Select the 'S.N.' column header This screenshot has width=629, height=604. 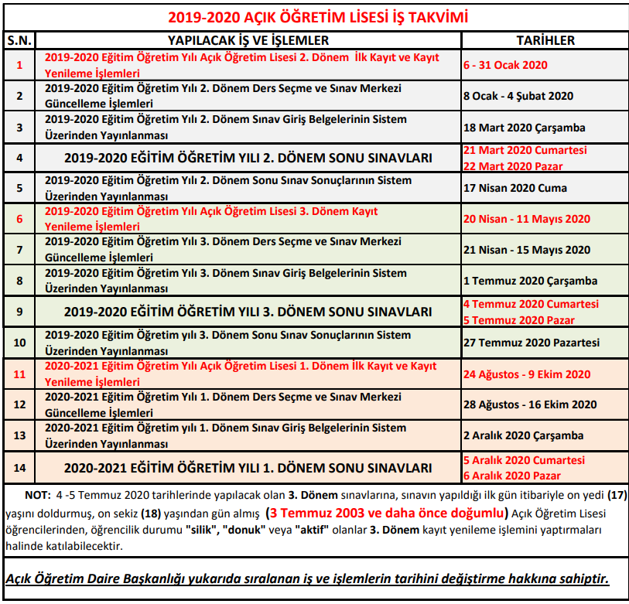tap(19, 40)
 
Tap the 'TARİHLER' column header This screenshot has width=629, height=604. tap(545, 40)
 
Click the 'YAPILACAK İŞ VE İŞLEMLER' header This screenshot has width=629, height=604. tap(248, 40)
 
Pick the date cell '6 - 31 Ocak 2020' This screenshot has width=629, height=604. tap(505, 65)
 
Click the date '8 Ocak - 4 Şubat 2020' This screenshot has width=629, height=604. tap(518, 96)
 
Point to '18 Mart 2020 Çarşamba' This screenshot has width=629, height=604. tap(525, 127)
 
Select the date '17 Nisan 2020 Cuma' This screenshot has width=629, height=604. tap(515, 188)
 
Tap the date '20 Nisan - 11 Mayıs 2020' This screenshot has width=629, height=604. tap(527, 219)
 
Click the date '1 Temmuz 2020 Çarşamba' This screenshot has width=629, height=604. tap(530, 281)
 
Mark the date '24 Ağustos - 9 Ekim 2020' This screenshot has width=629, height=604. tap(527, 374)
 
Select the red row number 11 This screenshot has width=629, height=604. tap(19, 374)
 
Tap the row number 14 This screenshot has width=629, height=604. tap(19, 467)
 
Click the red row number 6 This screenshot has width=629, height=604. tap(19, 219)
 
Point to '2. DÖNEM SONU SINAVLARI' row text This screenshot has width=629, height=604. tap(248, 158)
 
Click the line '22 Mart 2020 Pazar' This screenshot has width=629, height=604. tap(513, 166)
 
